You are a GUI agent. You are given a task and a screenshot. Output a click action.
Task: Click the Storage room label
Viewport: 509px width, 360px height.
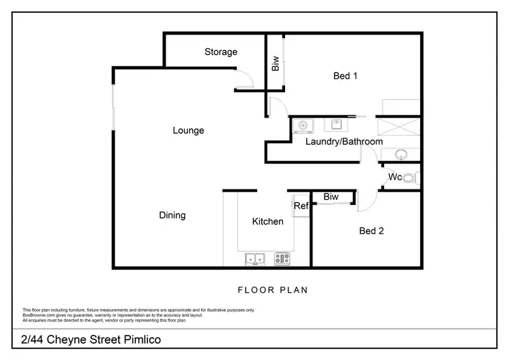[x=221, y=52]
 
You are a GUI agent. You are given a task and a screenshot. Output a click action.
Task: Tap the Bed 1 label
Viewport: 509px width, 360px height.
[x=345, y=76]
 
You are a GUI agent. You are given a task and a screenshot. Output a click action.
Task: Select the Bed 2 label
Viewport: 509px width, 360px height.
[x=371, y=231]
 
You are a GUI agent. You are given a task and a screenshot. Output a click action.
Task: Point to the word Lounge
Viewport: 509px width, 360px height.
[x=188, y=130]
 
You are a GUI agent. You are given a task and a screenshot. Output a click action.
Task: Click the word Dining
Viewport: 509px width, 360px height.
[x=172, y=215]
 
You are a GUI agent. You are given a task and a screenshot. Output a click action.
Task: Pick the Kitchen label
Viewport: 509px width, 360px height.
[x=267, y=221]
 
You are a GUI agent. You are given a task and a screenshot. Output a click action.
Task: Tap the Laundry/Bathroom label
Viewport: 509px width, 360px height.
[x=343, y=142]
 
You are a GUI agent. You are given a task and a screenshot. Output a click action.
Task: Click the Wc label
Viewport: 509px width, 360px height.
[x=395, y=177]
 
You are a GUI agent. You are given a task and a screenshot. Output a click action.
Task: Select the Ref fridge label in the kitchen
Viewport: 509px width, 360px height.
[x=301, y=206]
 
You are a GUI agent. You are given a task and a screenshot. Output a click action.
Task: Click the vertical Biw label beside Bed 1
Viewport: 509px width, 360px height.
[x=276, y=64]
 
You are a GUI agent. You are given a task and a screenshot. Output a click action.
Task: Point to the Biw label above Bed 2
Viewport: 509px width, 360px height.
[x=331, y=197]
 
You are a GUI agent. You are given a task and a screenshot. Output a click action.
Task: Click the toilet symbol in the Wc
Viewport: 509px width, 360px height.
[x=413, y=178]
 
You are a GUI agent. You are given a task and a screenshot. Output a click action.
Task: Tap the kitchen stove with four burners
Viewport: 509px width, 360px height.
[x=282, y=258]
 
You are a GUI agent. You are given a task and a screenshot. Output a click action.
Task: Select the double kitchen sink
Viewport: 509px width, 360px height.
[x=255, y=258]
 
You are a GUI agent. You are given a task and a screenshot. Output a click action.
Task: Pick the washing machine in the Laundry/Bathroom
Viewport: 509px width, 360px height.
[x=303, y=125]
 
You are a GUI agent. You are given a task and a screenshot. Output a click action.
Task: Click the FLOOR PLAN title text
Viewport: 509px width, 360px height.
[x=272, y=290]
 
